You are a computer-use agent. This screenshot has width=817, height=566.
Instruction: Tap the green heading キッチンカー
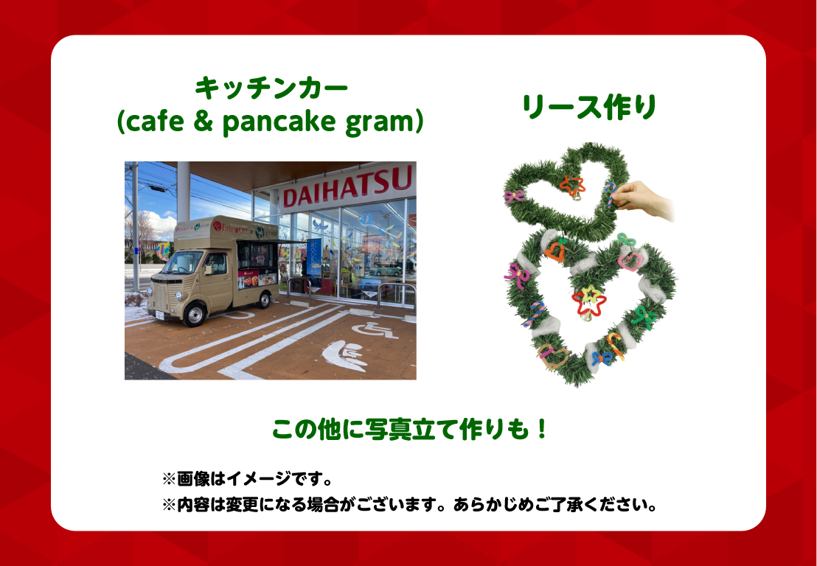click(271, 88)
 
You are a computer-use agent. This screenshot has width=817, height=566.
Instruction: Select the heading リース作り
click(589, 108)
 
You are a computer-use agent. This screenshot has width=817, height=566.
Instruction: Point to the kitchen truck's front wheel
click(195, 315)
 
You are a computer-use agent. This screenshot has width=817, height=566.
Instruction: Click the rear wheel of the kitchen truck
click(265, 300)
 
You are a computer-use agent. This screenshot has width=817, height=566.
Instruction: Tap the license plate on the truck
click(159, 315)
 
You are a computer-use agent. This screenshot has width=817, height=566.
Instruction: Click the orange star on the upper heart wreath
click(572, 185)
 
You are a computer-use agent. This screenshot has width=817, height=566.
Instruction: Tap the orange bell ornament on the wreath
click(555, 249)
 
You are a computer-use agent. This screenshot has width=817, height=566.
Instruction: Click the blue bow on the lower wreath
click(602, 358)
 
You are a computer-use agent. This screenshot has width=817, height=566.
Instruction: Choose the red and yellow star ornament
click(588, 301)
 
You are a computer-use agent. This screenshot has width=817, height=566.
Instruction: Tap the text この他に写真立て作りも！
click(409, 430)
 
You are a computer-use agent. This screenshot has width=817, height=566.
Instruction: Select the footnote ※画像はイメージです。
click(248, 478)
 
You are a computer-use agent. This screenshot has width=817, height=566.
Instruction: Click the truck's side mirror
click(208, 270)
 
